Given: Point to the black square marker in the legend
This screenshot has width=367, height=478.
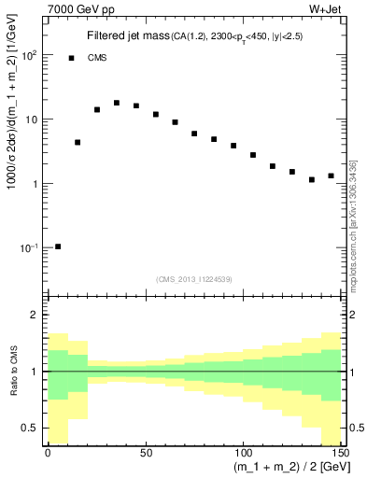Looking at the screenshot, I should click(72, 58).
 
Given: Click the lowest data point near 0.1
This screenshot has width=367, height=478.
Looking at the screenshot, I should click(58, 246).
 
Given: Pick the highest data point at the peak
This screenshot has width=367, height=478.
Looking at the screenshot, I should click(117, 103).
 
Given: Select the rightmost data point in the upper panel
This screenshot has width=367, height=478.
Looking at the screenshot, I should click(331, 176).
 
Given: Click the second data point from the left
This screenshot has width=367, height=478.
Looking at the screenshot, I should click(78, 143).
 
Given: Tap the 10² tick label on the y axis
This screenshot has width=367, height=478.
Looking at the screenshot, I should click(28, 55).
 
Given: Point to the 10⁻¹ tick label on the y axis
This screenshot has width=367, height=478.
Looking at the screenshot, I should click(28, 248).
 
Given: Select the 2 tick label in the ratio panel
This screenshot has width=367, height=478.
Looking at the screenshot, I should click(37, 316).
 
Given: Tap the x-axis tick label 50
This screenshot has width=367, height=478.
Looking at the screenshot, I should click(145, 454).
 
